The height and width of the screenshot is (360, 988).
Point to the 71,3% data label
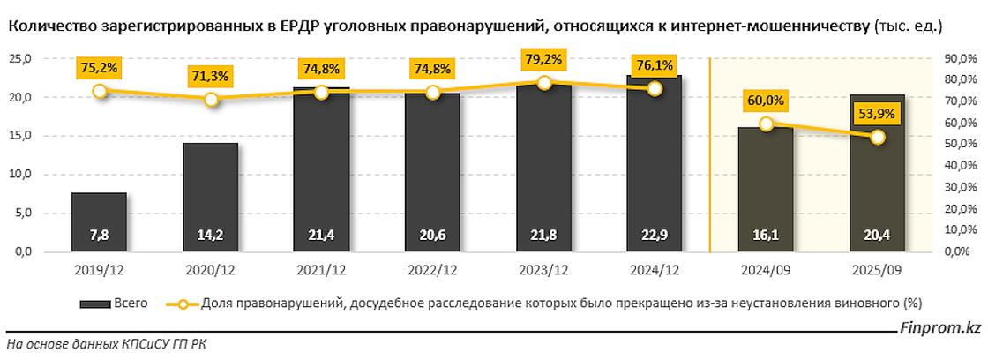pos(211,76)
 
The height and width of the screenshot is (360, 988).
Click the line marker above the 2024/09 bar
pos(767,124)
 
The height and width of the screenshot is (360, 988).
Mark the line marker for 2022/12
pos(433,92)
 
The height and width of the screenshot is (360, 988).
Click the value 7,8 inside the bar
pos(100,236)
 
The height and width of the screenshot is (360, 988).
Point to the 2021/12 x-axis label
pos(322,270)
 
